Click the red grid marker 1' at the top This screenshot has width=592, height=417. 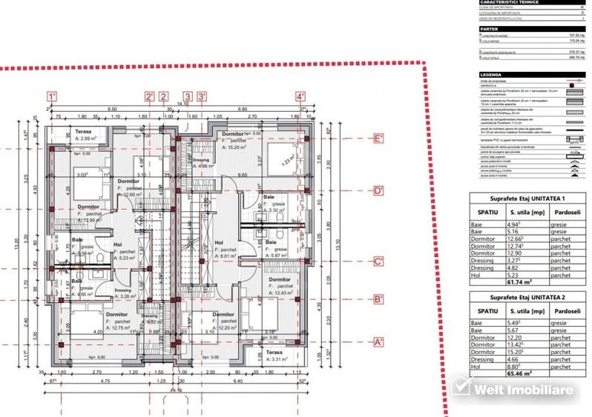pos(52,96)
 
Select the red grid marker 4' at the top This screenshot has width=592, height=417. pos(300,96)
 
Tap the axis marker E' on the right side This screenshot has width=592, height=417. pos(378,139)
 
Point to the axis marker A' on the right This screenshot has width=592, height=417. pos(378,342)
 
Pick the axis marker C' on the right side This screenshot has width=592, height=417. pos(378,262)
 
